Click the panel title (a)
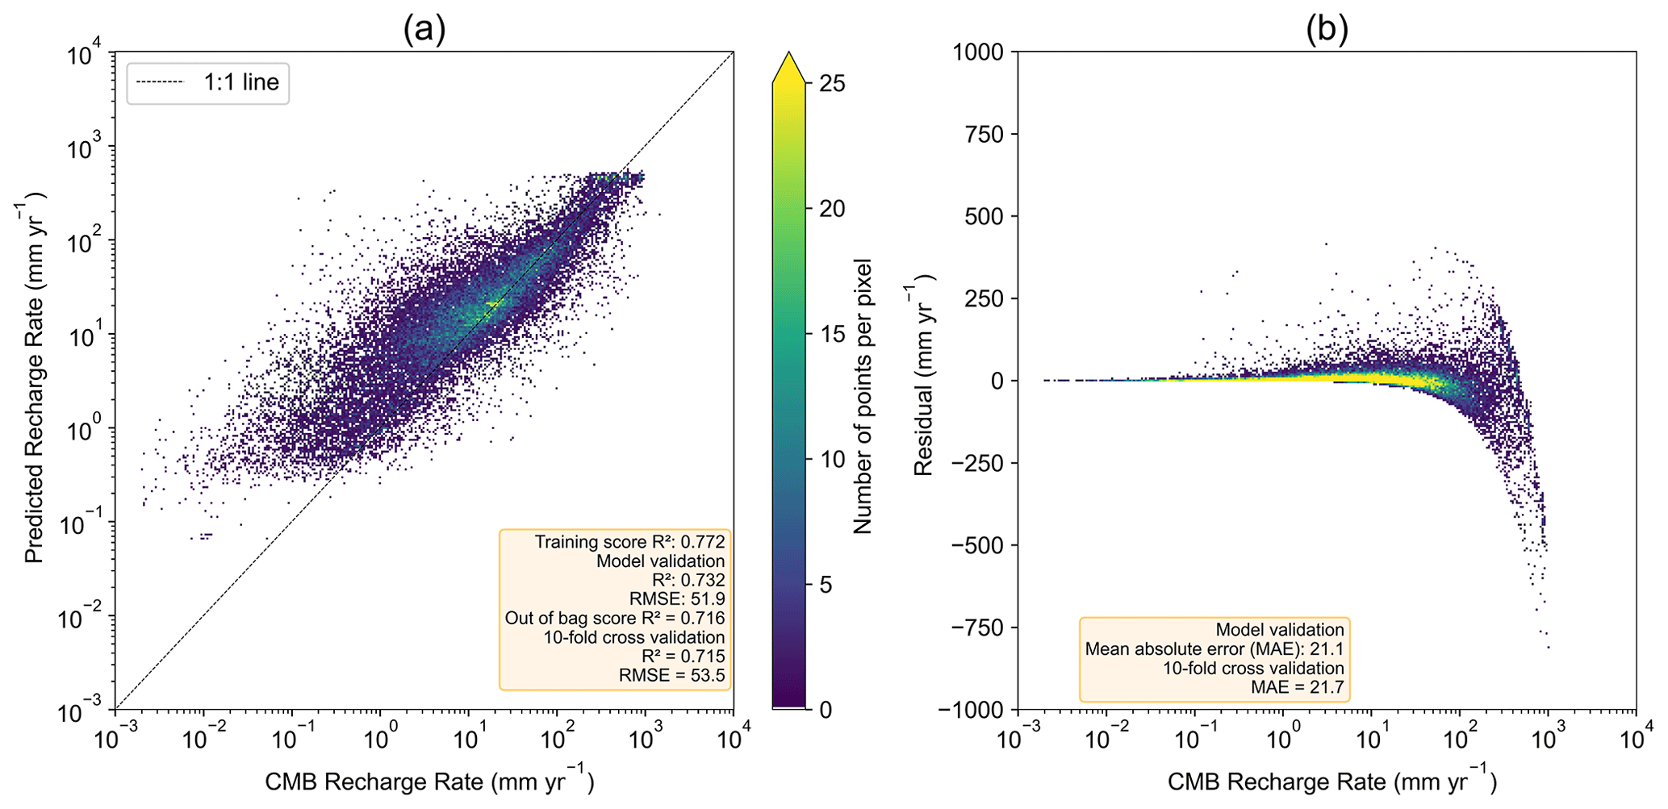(x=424, y=29)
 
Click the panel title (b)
(x=1327, y=29)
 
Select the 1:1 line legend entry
(x=207, y=82)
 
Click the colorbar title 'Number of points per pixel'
(x=863, y=396)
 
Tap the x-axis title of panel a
(x=429, y=781)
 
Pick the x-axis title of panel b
(x=1331, y=781)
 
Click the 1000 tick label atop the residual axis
(x=978, y=52)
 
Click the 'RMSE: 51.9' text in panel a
(x=676, y=598)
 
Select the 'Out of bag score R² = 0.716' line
(x=615, y=618)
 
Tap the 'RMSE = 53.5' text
(x=671, y=675)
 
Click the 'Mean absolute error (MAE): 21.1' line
(x=1214, y=648)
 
